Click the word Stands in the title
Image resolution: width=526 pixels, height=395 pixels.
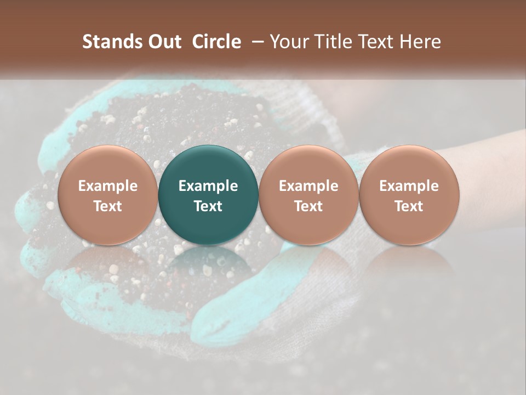[111, 42]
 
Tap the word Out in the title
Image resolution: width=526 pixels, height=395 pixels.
[163, 42]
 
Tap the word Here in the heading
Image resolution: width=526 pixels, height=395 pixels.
[421, 42]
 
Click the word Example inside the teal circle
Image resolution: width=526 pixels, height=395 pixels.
[208, 186]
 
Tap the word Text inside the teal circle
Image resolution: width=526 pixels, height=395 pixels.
[208, 206]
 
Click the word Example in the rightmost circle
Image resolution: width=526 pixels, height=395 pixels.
[409, 186]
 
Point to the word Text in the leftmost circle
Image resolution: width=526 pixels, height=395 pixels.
[107, 206]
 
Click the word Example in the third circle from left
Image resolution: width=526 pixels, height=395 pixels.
[308, 186]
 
